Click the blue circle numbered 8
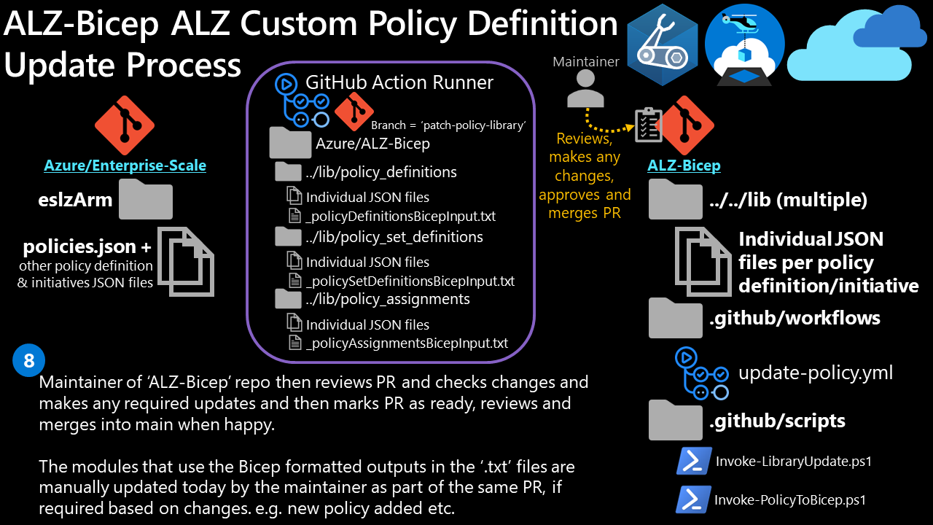pyautogui.click(x=29, y=361)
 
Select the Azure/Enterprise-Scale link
pyautogui.click(x=125, y=166)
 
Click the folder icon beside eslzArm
pyautogui.click(x=146, y=200)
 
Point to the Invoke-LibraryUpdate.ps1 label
pyautogui.click(x=794, y=461)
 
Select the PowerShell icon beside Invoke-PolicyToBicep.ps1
pyautogui.click(x=693, y=499)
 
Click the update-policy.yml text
pyautogui.click(x=816, y=373)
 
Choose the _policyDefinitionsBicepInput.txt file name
pyautogui.click(x=401, y=217)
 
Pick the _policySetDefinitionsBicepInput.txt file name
pyautogui.click(x=410, y=281)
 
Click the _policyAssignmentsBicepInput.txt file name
pyautogui.click(x=407, y=343)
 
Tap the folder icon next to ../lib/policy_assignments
pyautogui.click(x=288, y=299)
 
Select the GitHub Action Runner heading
pyautogui.click(x=399, y=82)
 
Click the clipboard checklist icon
pyautogui.click(x=648, y=125)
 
